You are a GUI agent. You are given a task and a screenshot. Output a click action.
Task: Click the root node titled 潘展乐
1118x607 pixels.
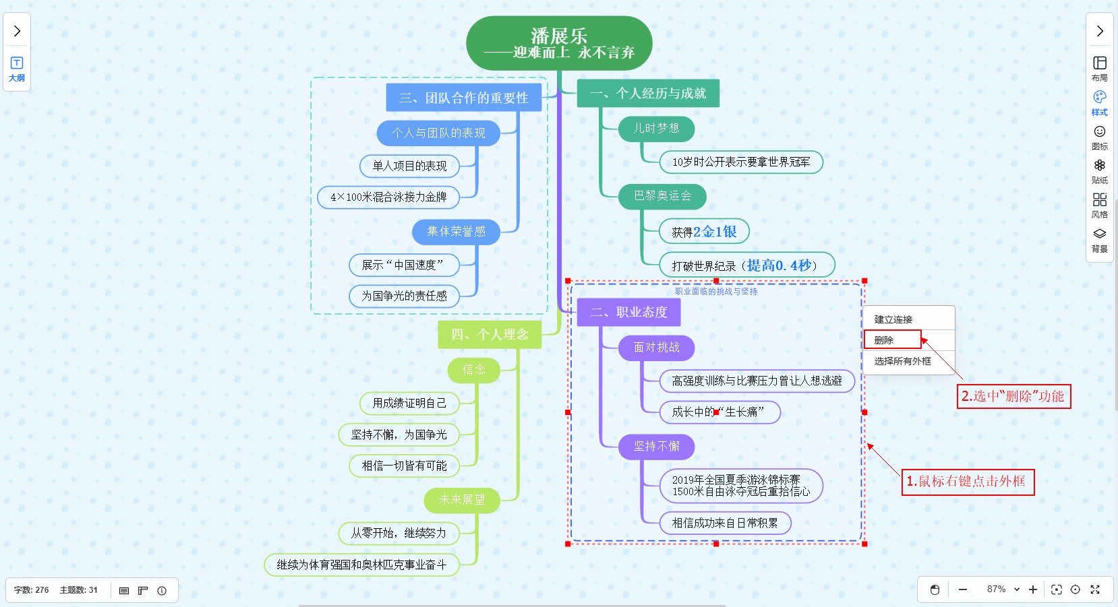(559, 43)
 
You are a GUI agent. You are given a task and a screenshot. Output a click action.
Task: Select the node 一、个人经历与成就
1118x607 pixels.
(647, 94)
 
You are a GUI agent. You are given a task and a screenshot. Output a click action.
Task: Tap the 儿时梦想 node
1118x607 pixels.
(655, 129)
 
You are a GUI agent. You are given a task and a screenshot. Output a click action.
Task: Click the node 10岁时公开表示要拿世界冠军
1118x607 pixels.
(740, 162)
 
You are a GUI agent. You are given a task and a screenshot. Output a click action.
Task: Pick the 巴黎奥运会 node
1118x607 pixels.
(662, 196)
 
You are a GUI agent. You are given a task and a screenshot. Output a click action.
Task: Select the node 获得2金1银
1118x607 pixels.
(703, 232)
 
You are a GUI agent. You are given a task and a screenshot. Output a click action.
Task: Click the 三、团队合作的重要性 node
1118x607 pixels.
(463, 98)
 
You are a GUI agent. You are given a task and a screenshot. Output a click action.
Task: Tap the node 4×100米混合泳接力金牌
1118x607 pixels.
(388, 197)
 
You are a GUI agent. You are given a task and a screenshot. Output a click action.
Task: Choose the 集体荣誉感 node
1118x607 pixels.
(456, 232)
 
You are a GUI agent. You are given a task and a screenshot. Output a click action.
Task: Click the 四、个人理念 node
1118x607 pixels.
(489, 334)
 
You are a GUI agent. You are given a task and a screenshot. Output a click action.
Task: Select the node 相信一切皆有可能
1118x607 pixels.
(404, 466)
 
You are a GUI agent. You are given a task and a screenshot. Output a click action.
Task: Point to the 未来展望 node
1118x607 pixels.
(462, 500)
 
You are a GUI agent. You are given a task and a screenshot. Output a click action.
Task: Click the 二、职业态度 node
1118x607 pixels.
(628, 312)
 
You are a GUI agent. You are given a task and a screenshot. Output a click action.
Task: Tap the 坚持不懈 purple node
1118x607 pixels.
(656, 447)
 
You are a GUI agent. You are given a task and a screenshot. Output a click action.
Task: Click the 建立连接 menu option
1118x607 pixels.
(893, 319)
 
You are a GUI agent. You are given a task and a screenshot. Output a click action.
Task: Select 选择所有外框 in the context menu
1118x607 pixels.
(902, 361)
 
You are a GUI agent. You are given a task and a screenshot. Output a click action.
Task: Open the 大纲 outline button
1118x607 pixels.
(17, 69)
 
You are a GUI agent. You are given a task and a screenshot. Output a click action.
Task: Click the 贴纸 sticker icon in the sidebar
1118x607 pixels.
(1099, 170)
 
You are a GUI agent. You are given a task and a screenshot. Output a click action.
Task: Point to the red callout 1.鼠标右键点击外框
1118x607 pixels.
(967, 482)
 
